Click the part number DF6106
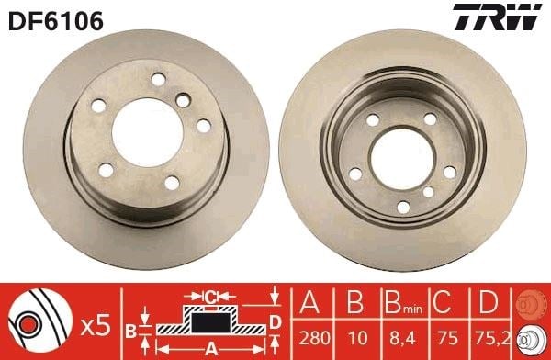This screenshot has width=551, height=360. pos(56,21)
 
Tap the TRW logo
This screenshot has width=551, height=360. pos(497,17)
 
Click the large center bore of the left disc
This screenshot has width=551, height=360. pos(148,132)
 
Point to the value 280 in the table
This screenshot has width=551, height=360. pos(314,338)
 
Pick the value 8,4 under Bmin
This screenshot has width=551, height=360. pos(403,339)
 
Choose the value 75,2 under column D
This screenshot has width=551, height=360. pos(493,338)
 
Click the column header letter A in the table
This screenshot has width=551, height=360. pos(309,302)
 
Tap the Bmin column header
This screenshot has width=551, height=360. pos(403,303)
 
